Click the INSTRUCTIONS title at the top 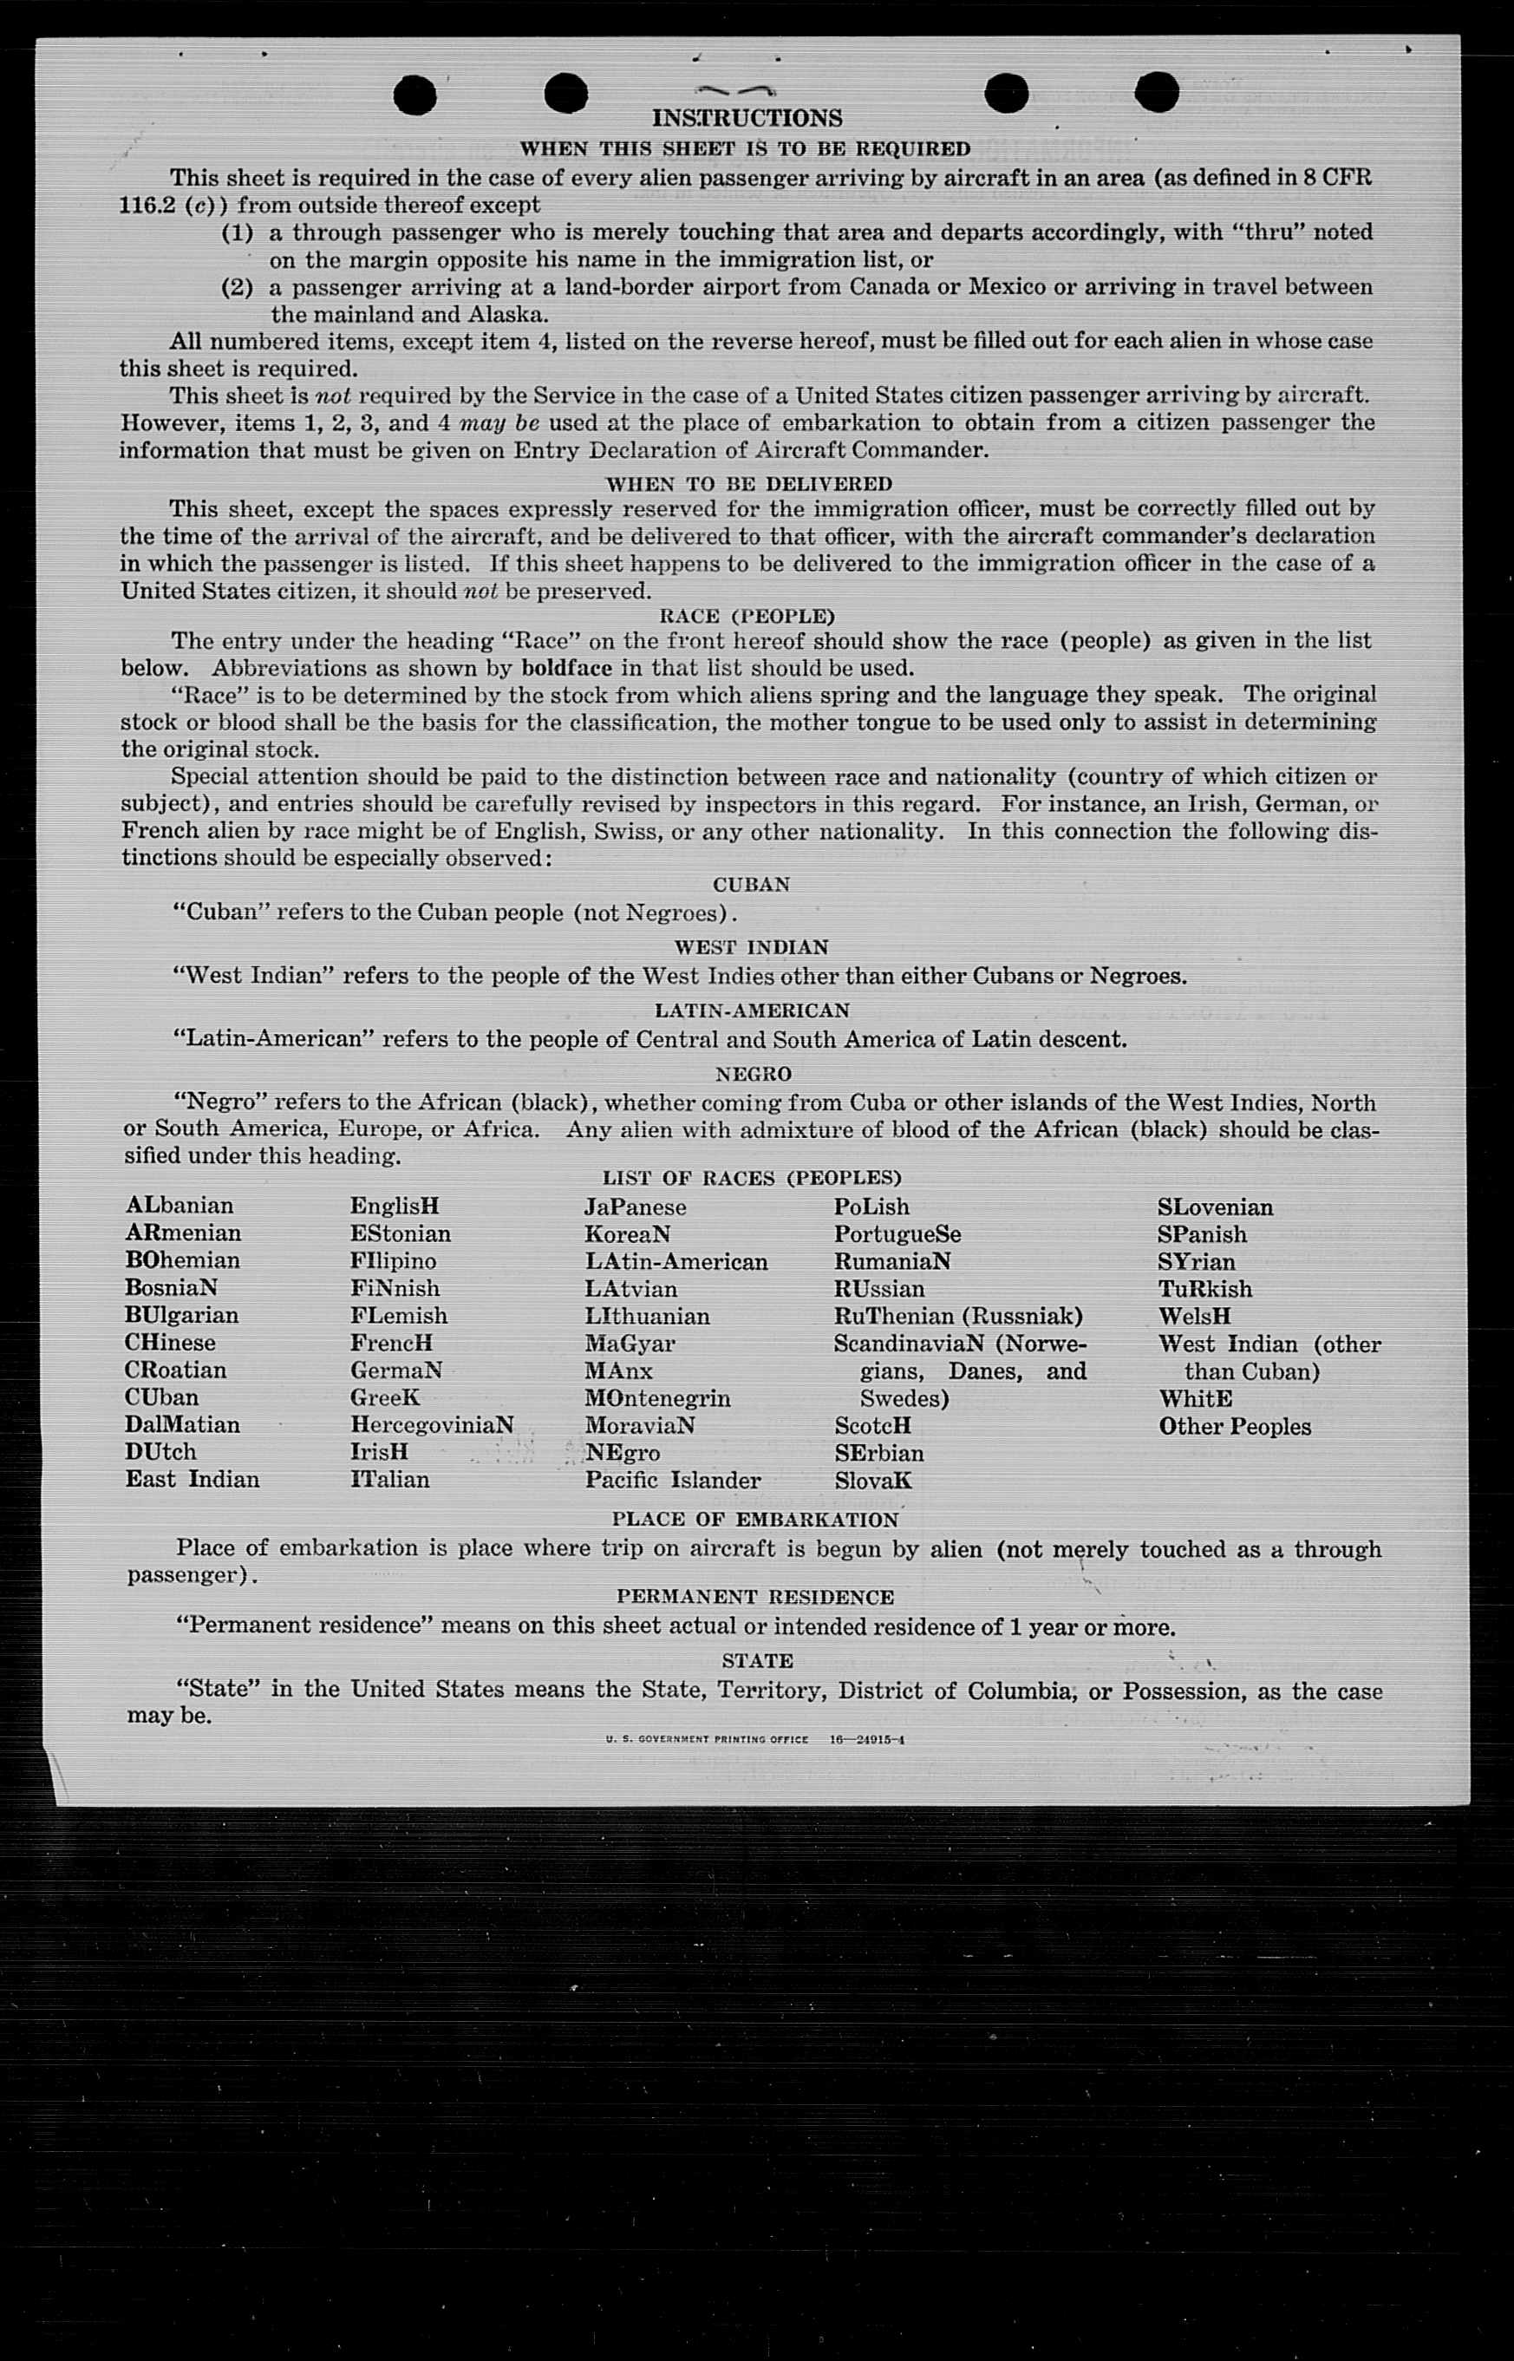pyautogui.click(x=747, y=118)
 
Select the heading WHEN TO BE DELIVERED pyautogui.click(x=748, y=484)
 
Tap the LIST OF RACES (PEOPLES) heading pyautogui.click(x=751, y=1177)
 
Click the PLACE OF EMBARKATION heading pyautogui.click(x=754, y=1520)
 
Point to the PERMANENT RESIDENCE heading pyautogui.click(x=755, y=1597)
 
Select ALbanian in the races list pyautogui.click(x=179, y=1206)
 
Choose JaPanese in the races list pyautogui.click(x=635, y=1207)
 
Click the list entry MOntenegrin pyautogui.click(x=656, y=1397)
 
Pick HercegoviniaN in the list pyautogui.click(x=432, y=1425)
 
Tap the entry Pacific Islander pyautogui.click(x=672, y=1480)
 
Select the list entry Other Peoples pyautogui.click(x=1234, y=1426)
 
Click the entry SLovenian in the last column pyautogui.click(x=1214, y=1207)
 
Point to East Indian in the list pyautogui.click(x=192, y=1479)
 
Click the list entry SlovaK pyautogui.click(x=872, y=1480)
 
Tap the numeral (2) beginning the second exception pyautogui.click(x=237, y=287)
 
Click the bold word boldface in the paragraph pyautogui.click(x=566, y=668)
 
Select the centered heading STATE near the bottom pyautogui.click(x=756, y=1661)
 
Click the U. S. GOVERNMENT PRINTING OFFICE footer pyautogui.click(x=707, y=1740)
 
